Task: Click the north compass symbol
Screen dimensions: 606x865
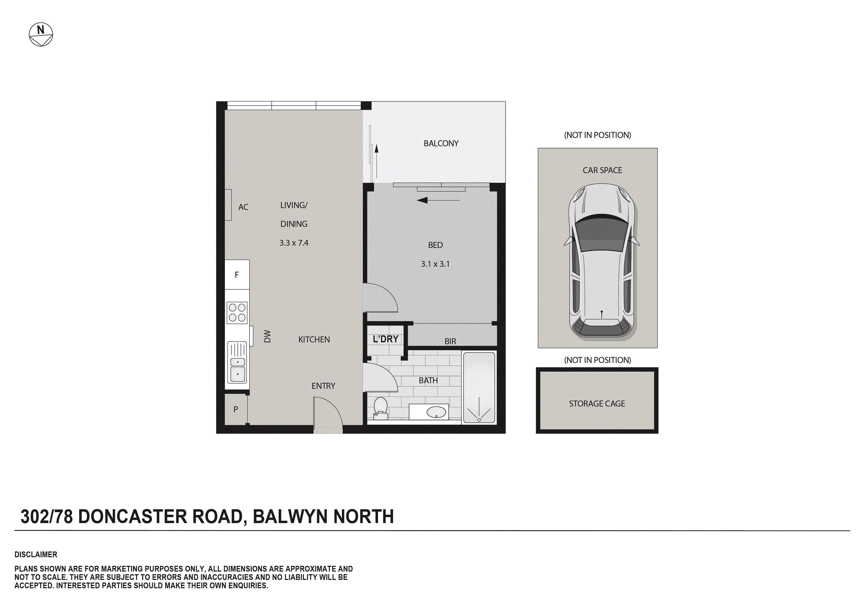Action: coord(41,35)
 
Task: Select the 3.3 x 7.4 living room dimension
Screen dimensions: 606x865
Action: coord(294,243)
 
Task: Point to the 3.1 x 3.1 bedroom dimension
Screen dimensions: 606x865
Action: coord(435,264)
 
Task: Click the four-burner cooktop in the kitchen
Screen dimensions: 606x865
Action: coord(237,312)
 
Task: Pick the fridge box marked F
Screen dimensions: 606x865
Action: coord(237,275)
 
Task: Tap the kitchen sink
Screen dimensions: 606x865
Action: coord(237,367)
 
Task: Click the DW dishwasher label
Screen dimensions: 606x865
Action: coord(267,336)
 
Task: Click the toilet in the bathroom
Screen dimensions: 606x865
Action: coord(381,408)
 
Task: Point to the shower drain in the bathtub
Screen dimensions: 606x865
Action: coord(479,420)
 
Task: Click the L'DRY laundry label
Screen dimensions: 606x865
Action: coord(385,339)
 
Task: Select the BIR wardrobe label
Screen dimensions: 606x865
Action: coord(450,341)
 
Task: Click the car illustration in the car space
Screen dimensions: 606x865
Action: coord(602,260)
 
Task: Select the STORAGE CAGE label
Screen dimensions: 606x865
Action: coord(597,404)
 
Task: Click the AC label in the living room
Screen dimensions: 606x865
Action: coord(243,207)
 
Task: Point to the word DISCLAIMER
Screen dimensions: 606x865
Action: coord(36,554)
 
